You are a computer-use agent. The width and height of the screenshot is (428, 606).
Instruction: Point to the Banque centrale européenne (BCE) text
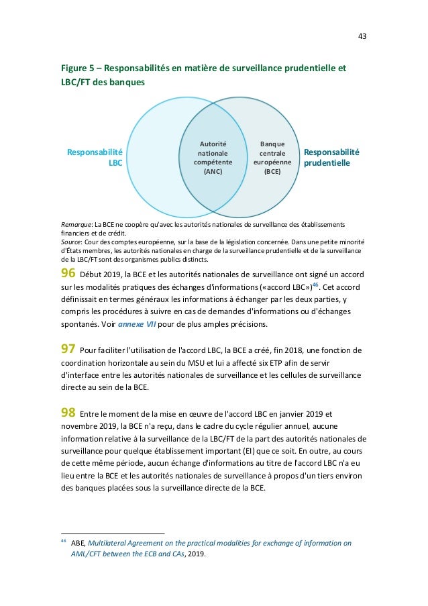pyautogui.click(x=272, y=158)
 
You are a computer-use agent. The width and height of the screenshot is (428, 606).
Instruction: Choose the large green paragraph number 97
pyautogui.click(x=68, y=349)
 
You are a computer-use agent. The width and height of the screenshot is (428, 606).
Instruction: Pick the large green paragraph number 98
pyautogui.click(x=68, y=412)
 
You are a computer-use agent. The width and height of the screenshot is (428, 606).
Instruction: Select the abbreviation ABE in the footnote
pyautogui.click(x=78, y=543)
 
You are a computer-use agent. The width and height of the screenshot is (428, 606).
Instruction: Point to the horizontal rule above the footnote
pyautogui.click(x=112, y=534)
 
